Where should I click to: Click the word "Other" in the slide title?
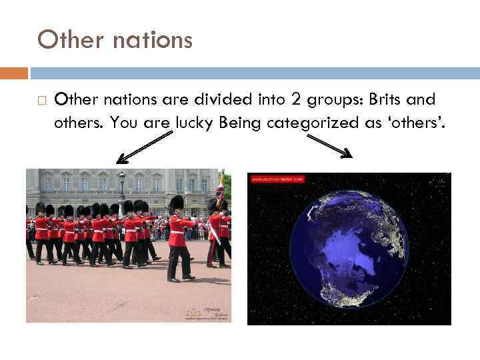point(68,41)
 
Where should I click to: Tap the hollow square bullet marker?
point(41,101)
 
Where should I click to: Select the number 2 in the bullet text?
point(296,100)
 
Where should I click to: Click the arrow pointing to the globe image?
point(329,146)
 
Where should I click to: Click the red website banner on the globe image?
point(277,179)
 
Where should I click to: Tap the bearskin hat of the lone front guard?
point(176,203)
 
